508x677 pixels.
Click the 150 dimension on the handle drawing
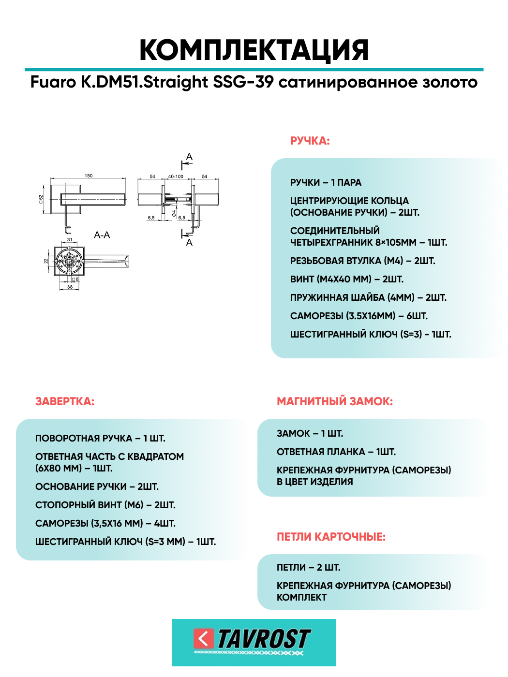[x=89, y=176]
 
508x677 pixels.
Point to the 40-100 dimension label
[x=176, y=177]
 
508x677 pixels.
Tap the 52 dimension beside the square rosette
[x=41, y=199]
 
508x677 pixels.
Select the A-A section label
[x=102, y=235]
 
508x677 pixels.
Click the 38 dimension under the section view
[x=70, y=287]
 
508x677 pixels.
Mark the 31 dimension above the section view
[x=70, y=240]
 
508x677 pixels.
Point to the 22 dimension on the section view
[x=46, y=261]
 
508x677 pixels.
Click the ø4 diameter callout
[x=174, y=213]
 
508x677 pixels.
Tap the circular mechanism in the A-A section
[x=69, y=262]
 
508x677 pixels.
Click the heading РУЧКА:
[x=310, y=141]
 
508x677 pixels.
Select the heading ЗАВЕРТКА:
[x=65, y=401]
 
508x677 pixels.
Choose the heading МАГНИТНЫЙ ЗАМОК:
[x=335, y=401]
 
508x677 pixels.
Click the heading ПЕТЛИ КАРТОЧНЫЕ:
[x=331, y=537]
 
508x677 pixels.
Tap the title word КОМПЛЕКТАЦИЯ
[x=254, y=50]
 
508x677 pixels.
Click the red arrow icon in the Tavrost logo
[x=203, y=638]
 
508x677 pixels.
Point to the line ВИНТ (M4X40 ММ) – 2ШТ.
[x=346, y=280]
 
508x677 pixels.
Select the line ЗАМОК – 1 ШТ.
[x=310, y=434]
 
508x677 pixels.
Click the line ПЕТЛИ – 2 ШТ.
[x=308, y=567]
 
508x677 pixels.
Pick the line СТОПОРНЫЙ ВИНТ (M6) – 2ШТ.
[x=105, y=505]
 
